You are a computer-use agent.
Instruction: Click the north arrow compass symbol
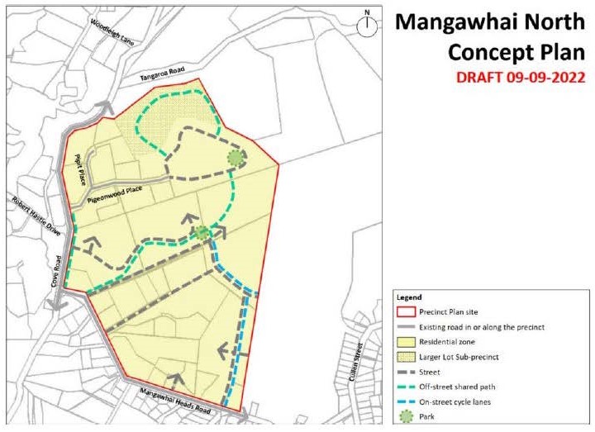tap(366, 24)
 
